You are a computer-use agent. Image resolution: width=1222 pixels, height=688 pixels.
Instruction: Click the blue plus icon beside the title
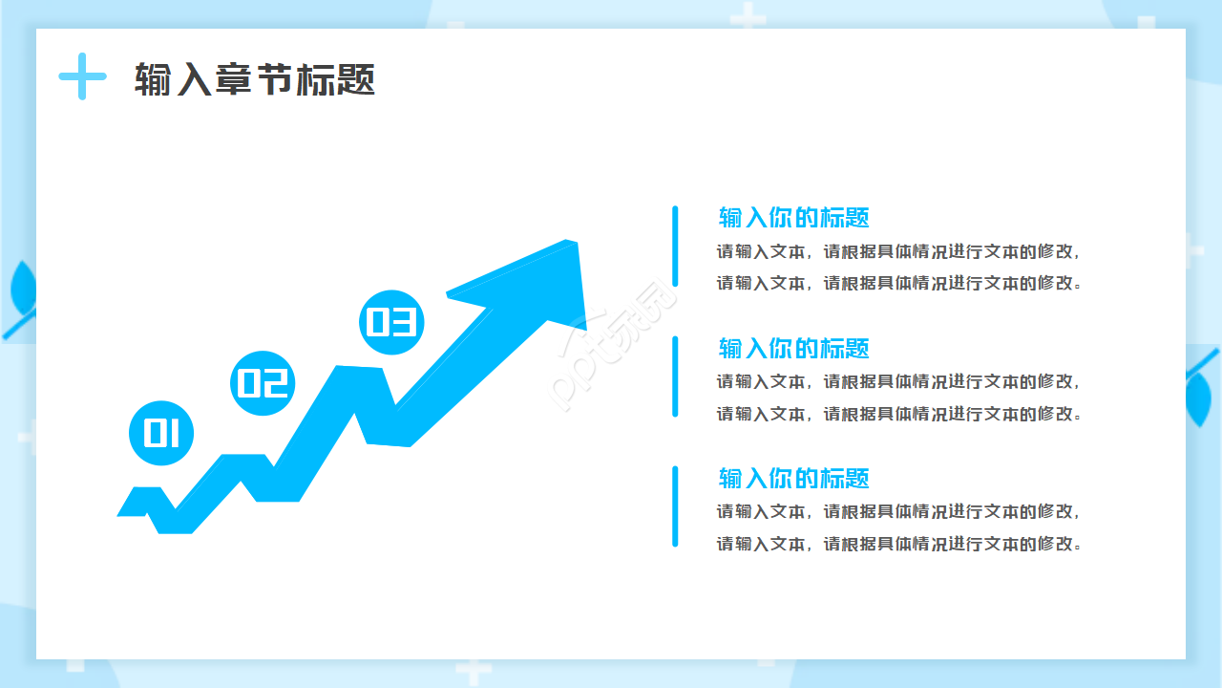[x=82, y=76]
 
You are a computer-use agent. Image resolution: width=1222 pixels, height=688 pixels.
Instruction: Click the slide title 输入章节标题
[x=255, y=80]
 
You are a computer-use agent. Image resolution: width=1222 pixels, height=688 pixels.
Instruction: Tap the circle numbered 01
[x=161, y=433]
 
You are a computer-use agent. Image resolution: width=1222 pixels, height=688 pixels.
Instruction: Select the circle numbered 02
[x=263, y=382]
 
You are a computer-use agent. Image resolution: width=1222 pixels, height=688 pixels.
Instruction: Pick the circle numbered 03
[x=391, y=322]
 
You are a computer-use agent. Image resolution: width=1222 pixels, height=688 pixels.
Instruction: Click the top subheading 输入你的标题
[x=793, y=217]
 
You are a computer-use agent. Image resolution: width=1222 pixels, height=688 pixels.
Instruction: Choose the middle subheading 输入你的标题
[x=793, y=348]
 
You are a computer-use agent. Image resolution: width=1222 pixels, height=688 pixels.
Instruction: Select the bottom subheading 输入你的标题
[x=793, y=478]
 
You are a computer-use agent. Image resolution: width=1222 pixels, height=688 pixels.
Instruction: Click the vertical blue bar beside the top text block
[x=675, y=246]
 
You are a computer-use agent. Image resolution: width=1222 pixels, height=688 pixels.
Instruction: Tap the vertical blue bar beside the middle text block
[x=675, y=376]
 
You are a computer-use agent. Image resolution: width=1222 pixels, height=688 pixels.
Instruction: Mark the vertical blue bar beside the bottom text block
[x=675, y=505]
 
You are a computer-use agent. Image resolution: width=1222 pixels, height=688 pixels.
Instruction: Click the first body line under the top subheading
[x=899, y=252]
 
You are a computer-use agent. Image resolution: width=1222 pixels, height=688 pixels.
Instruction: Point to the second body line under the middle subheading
[x=899, y=414]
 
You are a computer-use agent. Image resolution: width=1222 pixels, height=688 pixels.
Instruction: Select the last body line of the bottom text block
[x=899, y=544]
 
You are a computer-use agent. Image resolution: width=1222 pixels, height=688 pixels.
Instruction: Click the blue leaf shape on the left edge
[x=21, y=287]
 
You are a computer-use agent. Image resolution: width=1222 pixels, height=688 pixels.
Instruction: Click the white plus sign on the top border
[x=748, y=16]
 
